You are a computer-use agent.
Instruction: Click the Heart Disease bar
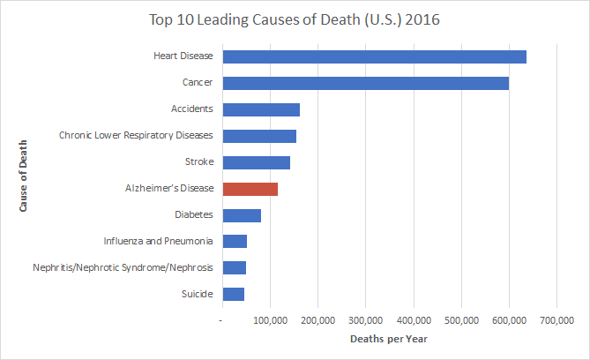(374, 56)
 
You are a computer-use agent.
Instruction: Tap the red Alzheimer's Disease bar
(250, 189)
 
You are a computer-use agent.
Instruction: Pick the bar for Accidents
(261, 109)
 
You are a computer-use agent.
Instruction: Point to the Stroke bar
(257, 162)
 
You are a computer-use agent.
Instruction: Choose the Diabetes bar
(242, 215)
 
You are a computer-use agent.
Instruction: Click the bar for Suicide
(234, 294)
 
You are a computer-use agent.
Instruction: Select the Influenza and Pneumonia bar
(235, 242)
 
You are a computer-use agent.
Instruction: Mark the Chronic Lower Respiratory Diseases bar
(259, 136)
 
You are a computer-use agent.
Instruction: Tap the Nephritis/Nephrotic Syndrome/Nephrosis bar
(235, 267)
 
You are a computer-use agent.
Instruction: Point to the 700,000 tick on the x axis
(556, 319)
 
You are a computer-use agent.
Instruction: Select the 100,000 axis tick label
(271, 319)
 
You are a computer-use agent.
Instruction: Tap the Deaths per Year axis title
(389, 339)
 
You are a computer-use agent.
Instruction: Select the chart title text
(294, 19)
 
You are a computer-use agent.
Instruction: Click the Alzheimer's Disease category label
(170, 189)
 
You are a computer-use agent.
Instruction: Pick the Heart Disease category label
(183, 56)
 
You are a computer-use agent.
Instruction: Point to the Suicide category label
(195, 294)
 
